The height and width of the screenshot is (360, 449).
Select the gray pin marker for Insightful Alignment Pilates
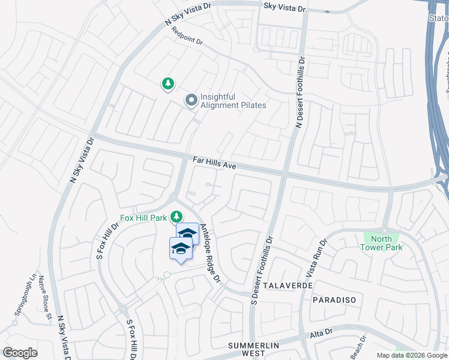(191, 100)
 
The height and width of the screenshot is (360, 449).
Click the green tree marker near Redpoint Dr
(168, 85)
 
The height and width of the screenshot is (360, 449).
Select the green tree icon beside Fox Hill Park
(176, 216)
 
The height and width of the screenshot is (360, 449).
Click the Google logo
(20, 352)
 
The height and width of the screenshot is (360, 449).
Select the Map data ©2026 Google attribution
(411, 355)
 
